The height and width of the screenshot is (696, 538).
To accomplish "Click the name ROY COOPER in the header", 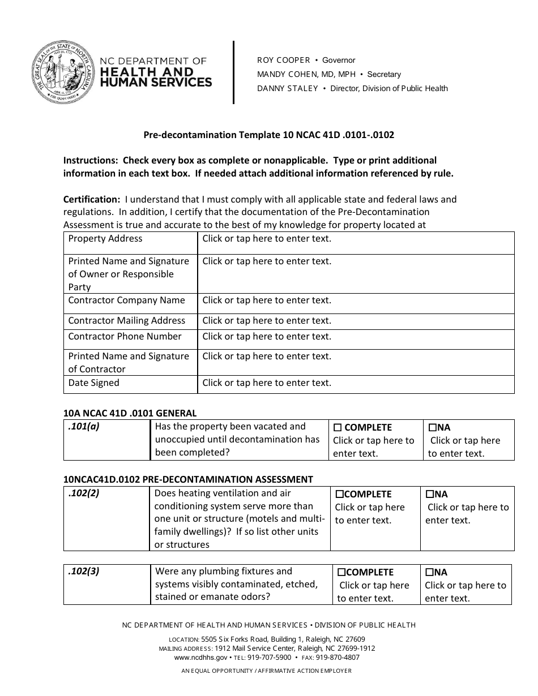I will coord(284,60).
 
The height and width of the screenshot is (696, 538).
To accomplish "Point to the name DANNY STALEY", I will coord(288,88).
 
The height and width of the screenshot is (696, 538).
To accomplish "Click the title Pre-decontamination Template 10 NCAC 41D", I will coord(268,135).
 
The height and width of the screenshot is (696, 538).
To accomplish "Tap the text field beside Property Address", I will coord(356,242).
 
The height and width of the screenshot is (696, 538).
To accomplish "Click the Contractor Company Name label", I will coord(127,300).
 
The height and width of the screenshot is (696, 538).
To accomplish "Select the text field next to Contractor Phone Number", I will coord(356,339).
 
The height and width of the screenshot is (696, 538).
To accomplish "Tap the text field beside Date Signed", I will coord(356,385).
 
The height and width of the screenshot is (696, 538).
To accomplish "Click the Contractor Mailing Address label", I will coord(127,321).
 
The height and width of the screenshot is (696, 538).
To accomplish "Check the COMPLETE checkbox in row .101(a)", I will coord(338,428).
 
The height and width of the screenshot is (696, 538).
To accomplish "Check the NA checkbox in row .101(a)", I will coord(432,428).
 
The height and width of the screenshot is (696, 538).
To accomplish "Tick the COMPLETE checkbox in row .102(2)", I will coord(340,495).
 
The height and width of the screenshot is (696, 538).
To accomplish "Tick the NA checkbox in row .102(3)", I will coord(429,573).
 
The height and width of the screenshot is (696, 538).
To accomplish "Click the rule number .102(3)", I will coord(84,572).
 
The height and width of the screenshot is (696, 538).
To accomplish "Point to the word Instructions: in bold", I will coord(91,161).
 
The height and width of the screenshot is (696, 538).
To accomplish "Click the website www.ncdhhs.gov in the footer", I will coord(200,658).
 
